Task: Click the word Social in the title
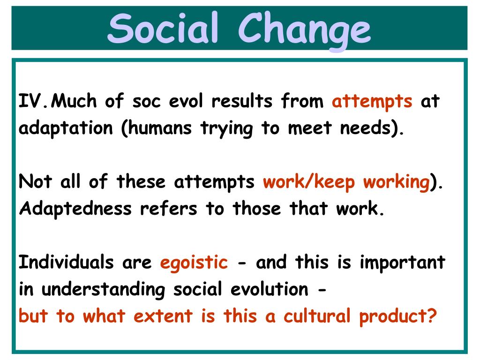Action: click(x=164, y=29)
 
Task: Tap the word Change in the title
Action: click(x=305, y=29)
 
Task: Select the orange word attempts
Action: click(x=372, y=102)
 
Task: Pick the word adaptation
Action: click(x=66, y=128)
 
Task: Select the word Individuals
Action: click(x=66, y=262)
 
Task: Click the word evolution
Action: click(x=268, y=290)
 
